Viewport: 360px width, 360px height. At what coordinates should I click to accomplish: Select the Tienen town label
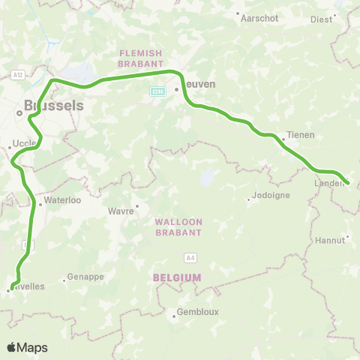tap(300, 135)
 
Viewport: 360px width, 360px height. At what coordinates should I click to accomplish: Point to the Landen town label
tap(327, 182)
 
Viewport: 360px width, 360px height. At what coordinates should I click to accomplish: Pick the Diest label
tap(320, 20)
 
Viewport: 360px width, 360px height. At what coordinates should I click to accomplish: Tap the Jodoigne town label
tap(268, 199)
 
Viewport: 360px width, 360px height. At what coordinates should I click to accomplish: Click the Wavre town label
tap(123, 211)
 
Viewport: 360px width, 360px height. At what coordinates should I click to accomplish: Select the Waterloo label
tap(58, 200)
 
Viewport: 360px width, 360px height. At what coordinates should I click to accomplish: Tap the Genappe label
tap(85, 276)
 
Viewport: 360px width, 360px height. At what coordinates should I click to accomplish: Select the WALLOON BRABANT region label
tap(178, 227)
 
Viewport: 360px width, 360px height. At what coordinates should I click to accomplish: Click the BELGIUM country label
tap(177, 277)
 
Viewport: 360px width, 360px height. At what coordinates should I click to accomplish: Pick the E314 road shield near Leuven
tap(157, 91)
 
